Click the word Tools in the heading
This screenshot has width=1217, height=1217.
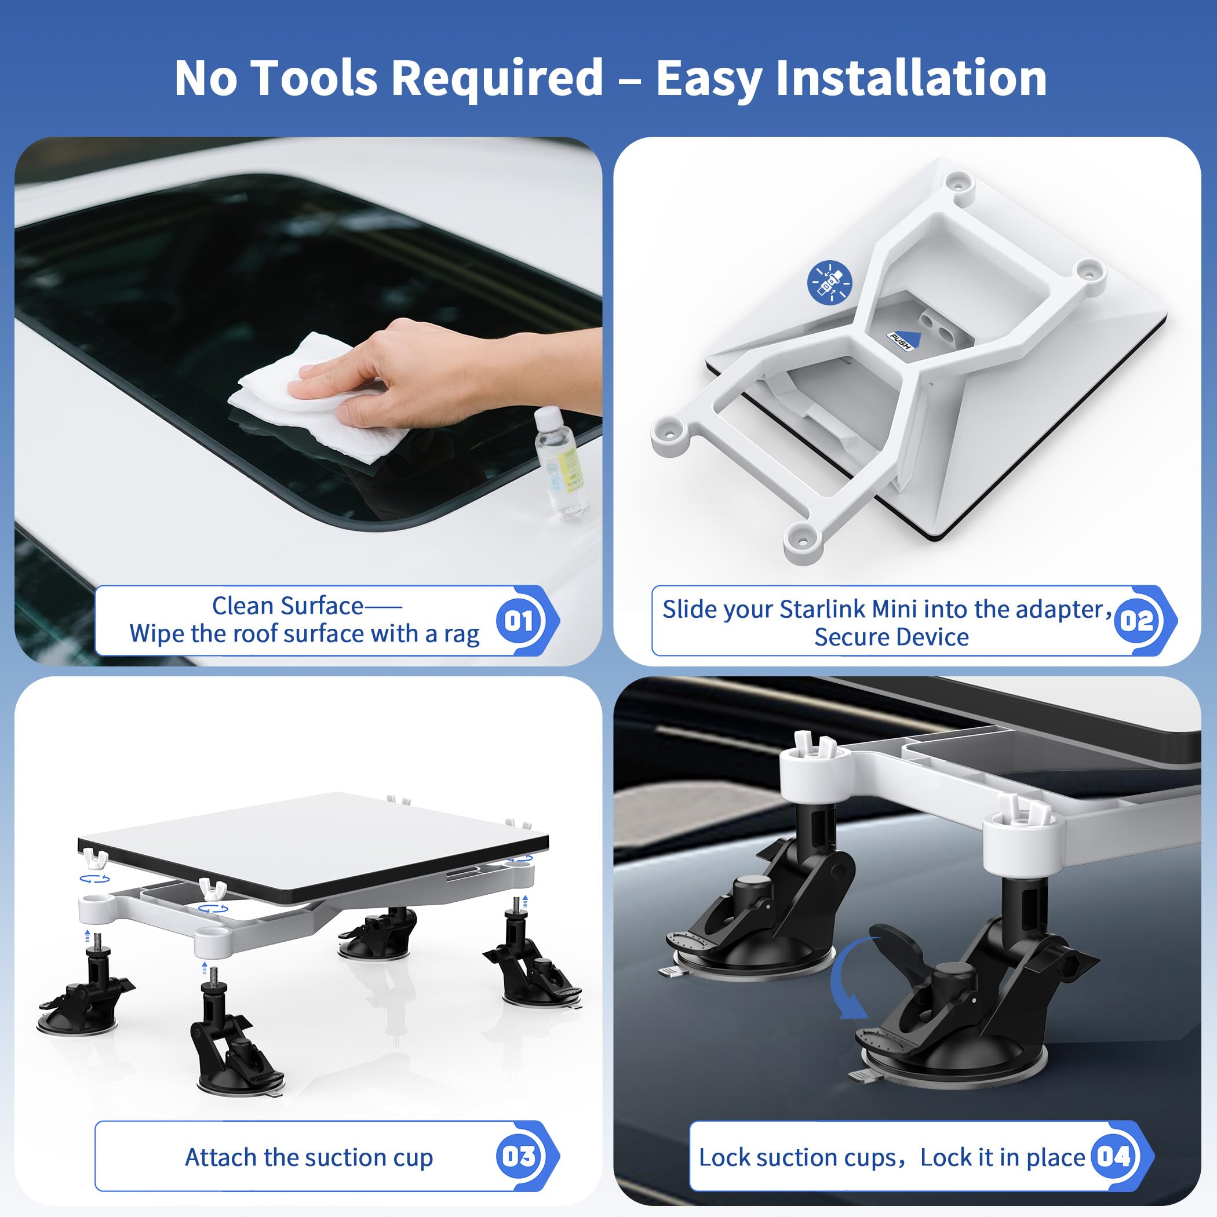pos(318,78)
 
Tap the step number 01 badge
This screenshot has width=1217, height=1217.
pos(519,621)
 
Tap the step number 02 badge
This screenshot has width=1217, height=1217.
pos(1136,621)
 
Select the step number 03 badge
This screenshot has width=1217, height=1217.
pos(519,1156)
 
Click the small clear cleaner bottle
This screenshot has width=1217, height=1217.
pos(560,463)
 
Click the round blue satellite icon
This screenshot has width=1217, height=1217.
pos(829,283)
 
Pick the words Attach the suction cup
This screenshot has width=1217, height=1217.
pos(309,1157)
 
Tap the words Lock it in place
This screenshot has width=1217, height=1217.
pos(1002,1157)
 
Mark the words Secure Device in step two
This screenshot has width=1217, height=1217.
pos(891,637)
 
